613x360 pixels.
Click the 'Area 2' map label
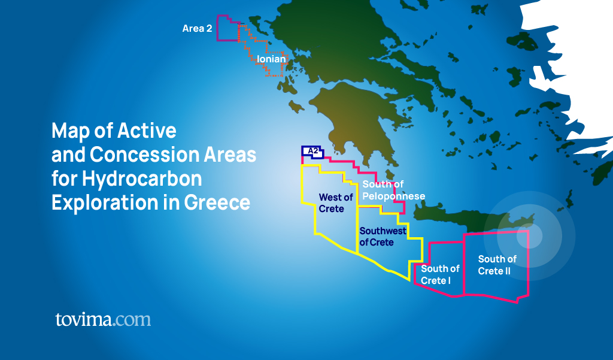tap(197, 28)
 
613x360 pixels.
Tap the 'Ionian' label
tap(271, 59)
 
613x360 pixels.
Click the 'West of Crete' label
tap(336, 203)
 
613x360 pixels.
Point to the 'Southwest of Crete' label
tap(383, 237)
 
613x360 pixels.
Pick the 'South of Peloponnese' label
tap(393, 190)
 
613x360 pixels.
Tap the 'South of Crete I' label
tap(440, 274)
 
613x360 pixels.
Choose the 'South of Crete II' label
tap(496, 265)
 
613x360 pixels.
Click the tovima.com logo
tap(103, 319)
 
